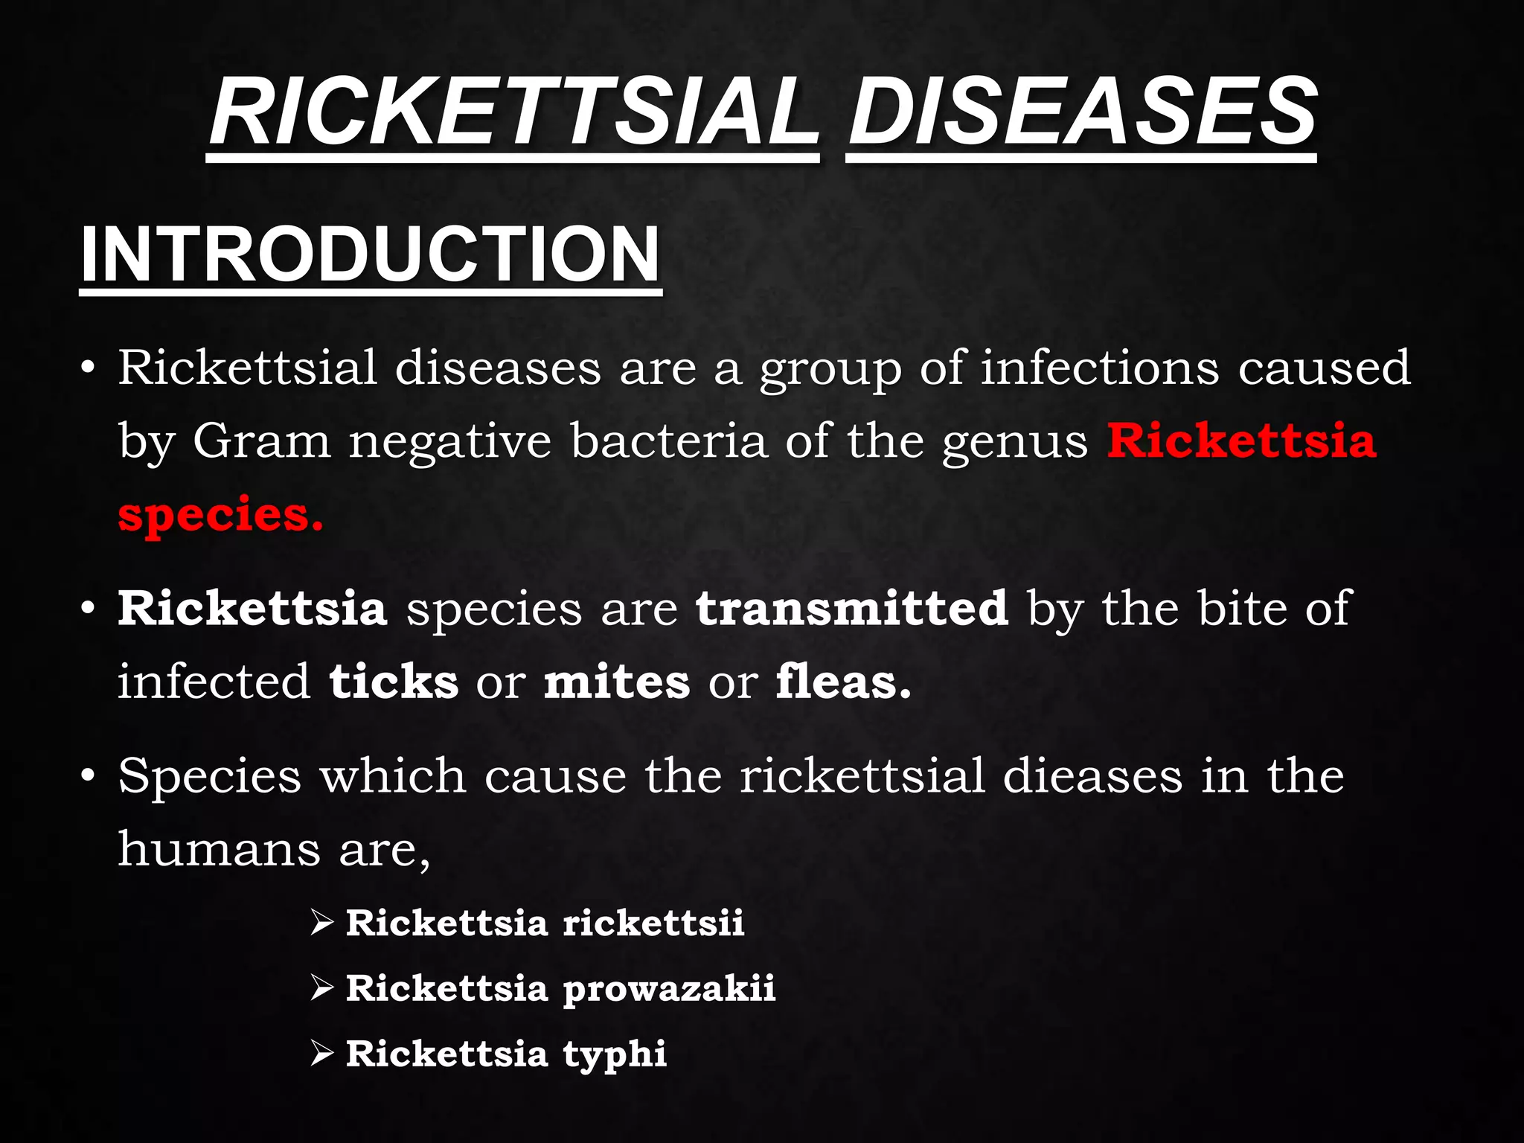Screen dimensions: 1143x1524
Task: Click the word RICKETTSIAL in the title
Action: click(513, 113)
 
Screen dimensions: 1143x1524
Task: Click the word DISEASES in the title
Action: click(1081, 113)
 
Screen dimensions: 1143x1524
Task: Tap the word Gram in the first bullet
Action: click(261, 441)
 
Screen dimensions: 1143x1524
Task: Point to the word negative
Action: click(450, 442)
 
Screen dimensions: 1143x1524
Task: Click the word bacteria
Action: click(668, 441)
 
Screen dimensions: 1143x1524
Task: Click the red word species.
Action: click(220, 515)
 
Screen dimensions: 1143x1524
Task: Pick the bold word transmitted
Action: click(852, 608)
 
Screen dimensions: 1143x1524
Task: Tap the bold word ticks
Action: click(394, 682)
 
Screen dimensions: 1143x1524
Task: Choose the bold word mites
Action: click(617, 682)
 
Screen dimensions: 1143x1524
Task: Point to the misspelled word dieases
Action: click(1092, 775)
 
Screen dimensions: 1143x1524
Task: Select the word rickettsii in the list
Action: click(653, 923)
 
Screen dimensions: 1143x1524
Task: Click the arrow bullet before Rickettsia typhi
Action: click(322, 1053)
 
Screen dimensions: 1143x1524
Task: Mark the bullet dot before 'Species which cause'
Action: click(89, 776)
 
